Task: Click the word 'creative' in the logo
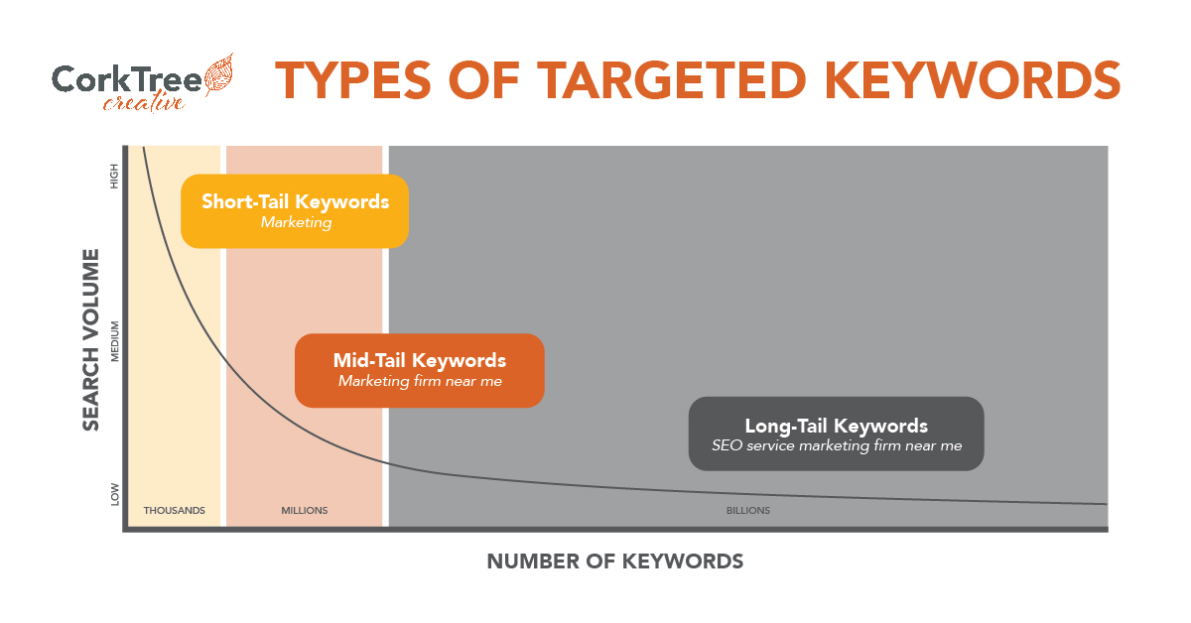(x=144, y=102)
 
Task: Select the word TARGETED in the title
(x=672, y=80)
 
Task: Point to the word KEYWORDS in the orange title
(x=973, y=80)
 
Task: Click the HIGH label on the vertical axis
(x=114, y=176)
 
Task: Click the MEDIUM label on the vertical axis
(x=114, y=341)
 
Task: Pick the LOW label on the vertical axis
(x=114, y=494)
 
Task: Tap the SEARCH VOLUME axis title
(x=91, y=339)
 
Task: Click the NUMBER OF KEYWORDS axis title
(x=615, y=561)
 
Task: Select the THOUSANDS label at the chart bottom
(x=175, y=510)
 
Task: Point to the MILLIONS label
(x=304, y=510)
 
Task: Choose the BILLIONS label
(x=748, y=510)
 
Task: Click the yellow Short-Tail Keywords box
(x=295, y=211)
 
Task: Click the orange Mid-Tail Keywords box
(x=420, y=370)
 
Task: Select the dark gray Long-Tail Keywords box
(x=837, y=434)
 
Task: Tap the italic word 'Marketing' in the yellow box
(x=296, y=222)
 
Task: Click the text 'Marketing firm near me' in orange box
(x=420, y=381)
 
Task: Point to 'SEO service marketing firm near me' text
(x=837, y=445)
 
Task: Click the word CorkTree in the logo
(x=127, y=79)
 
